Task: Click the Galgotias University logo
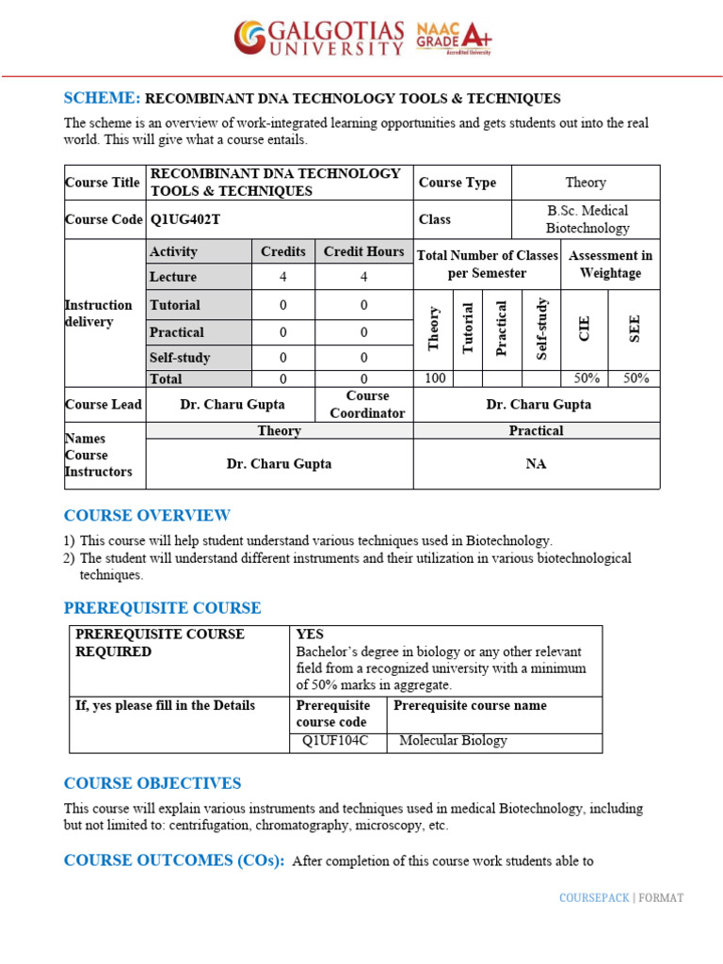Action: point(319,38)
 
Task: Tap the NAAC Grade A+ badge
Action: point(454,39)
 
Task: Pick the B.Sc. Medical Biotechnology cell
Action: point(586,219)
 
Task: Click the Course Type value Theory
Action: point(586,183)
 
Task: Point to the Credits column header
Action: point(283,251)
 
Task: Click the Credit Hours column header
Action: point(363,251)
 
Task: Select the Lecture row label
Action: point(173,277)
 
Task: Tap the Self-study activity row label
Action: point(180,358)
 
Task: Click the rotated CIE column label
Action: point(585,329)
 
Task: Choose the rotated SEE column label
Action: point(634,329)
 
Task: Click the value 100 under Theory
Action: point(434,378)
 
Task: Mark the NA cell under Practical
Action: point(537,464)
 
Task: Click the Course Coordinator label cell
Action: point(366,405)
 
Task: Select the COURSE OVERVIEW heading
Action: point(147,516)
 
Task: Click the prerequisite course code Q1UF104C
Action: point(335,741)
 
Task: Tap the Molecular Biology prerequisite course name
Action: point(453,741)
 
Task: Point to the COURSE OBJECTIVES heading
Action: point(153,783)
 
